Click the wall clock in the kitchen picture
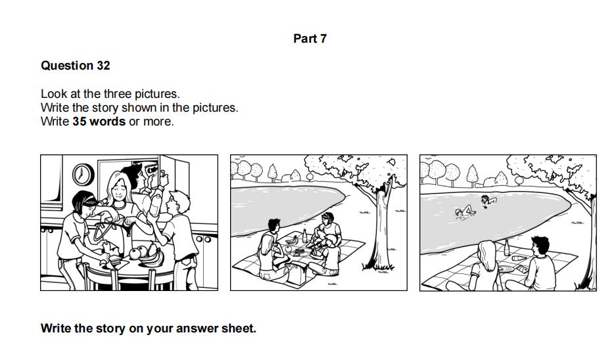tap(83, 175)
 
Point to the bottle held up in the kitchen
tap(156, 202)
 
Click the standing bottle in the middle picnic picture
tap(304, 236)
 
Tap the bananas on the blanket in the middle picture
tap(292, 239)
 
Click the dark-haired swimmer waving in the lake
tap(488, 200)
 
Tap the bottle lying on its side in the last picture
tap(520, 258)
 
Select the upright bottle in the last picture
tap(507, 248)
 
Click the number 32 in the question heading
tap(103, 66)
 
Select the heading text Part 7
tap(310, 39)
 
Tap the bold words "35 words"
tap(99, 122)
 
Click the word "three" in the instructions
tap(118, 94)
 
